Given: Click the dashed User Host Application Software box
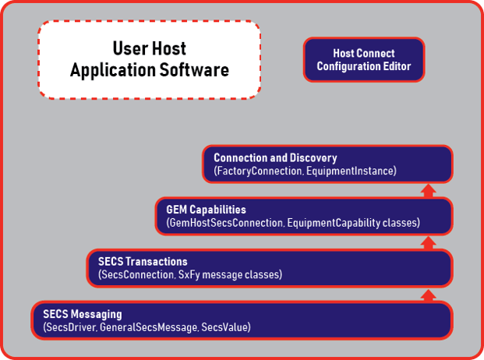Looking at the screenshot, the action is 150,60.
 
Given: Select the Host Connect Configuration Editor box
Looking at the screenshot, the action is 364,60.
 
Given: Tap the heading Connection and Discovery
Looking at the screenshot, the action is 275,157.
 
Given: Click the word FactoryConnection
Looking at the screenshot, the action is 258,171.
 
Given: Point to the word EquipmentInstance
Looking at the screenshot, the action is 350,171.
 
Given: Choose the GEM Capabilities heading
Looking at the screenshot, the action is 207,210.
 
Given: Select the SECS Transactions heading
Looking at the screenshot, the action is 143,262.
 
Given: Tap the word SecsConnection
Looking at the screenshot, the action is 137,274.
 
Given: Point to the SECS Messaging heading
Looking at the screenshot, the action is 83,314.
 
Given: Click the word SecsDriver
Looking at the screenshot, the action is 70,327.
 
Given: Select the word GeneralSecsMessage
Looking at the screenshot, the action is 148,327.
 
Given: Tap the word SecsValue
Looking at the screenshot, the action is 224,327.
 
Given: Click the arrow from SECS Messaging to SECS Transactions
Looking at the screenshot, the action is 428,295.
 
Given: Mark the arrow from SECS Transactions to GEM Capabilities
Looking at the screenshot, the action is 428,243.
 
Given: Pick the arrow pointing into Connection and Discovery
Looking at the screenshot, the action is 428,191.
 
